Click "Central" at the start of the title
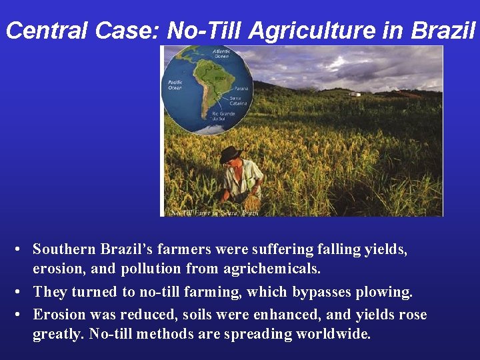tap(46, 31)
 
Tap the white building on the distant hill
tap(354, 94)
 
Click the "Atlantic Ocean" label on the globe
tap(222, 53)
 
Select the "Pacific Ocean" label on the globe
tap(175, 85)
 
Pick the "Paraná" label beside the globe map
tap(241, 89)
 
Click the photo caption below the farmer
tap(214, 212)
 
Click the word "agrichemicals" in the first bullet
tap(278, 269)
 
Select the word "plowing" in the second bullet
tap(388, 292)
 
